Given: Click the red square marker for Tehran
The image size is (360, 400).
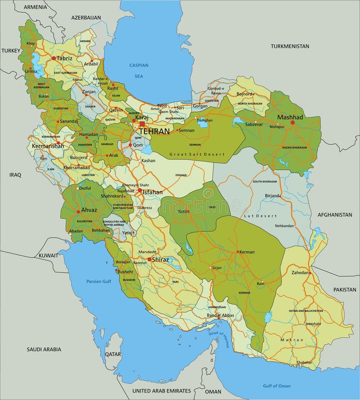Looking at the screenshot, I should (x=142, y=124).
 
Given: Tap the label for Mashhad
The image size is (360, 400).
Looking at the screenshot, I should (x=290, y=117).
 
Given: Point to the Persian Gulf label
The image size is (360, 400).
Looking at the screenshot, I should (x=98, y=281).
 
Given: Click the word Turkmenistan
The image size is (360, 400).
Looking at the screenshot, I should (x=290, y=46).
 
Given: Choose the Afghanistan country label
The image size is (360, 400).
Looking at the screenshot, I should (x=334, y=215).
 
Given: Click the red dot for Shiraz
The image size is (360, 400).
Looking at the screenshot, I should (x=149, y=259).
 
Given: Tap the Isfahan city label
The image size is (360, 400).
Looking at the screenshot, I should (x=153, y=192).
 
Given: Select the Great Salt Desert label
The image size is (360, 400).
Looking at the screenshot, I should (x=197, y=154).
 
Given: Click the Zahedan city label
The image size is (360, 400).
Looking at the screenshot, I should (x=300, y=272).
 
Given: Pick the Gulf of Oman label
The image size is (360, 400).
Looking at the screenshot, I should (x=277, y=386).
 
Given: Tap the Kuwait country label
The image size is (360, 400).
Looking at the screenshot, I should (x=48, y=255).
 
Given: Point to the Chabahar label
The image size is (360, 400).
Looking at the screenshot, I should (x=304, y=362).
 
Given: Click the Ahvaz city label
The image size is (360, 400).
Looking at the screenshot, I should (x=89, y=210).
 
